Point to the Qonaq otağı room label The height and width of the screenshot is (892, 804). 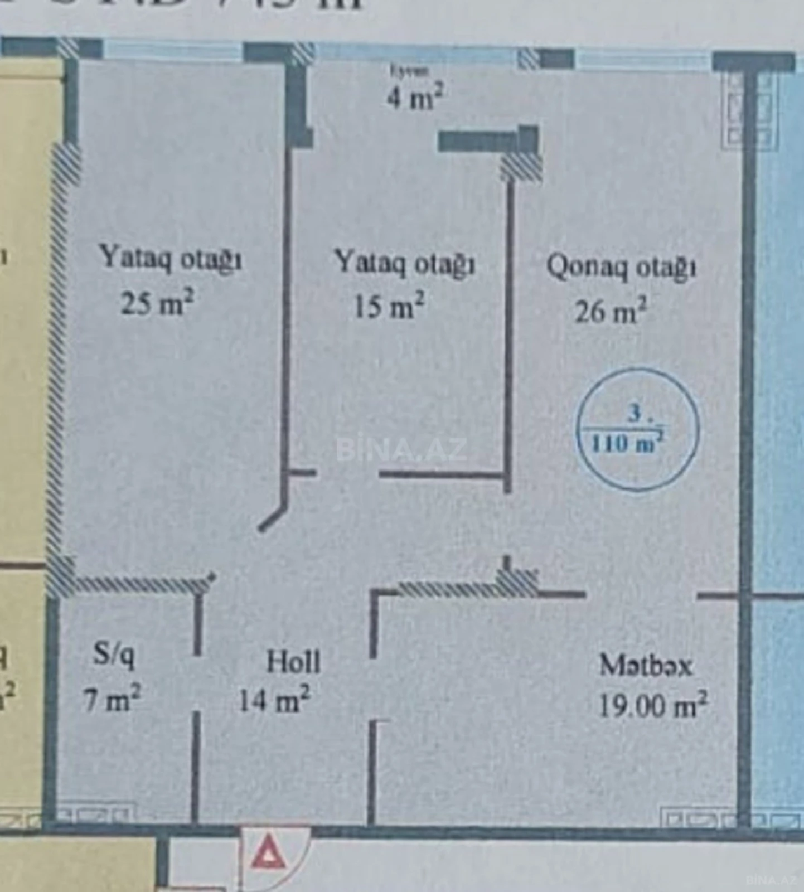point(621,267)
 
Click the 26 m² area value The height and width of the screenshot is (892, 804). point(611,311)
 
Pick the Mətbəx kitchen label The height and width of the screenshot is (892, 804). point(646,665)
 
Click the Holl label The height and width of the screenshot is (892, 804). point(293,662)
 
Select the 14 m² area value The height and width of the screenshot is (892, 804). point(274,700)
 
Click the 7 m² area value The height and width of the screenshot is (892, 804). point(112,699)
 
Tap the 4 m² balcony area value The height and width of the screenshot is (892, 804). point(415,97)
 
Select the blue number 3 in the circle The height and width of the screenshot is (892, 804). point(635,414)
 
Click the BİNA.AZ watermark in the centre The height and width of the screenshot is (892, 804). point(401,450)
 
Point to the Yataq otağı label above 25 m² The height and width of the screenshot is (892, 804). point(170,259)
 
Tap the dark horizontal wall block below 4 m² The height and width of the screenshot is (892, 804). point(480,141)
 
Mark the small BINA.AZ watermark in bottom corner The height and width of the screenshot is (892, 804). point(770,880)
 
